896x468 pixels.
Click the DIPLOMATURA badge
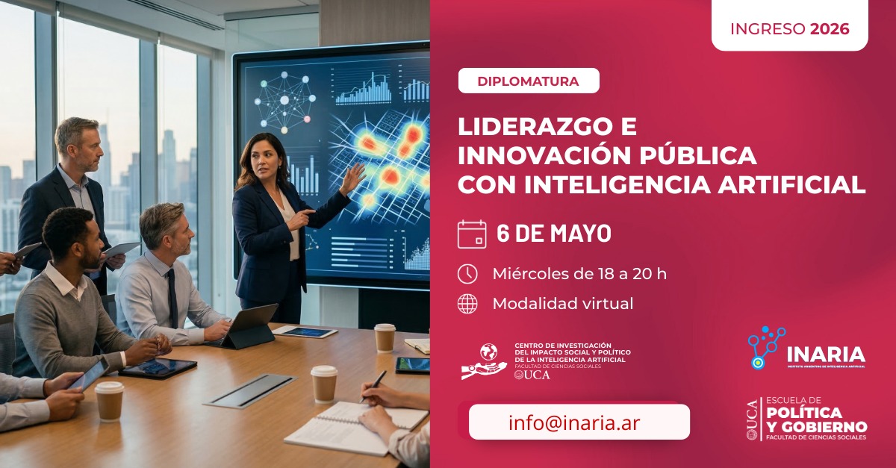point(529,81)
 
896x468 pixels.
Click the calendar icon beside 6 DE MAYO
point(472,234)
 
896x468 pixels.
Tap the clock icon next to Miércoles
point(467,274)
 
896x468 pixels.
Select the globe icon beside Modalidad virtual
point(467,304)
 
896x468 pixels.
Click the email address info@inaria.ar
point(574,422)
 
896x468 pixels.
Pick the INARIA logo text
point(825,354)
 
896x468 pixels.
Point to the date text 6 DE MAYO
point(554,234)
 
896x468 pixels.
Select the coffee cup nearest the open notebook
point(324,384)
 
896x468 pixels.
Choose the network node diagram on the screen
point(284,100)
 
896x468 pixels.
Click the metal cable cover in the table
point(250,390)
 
